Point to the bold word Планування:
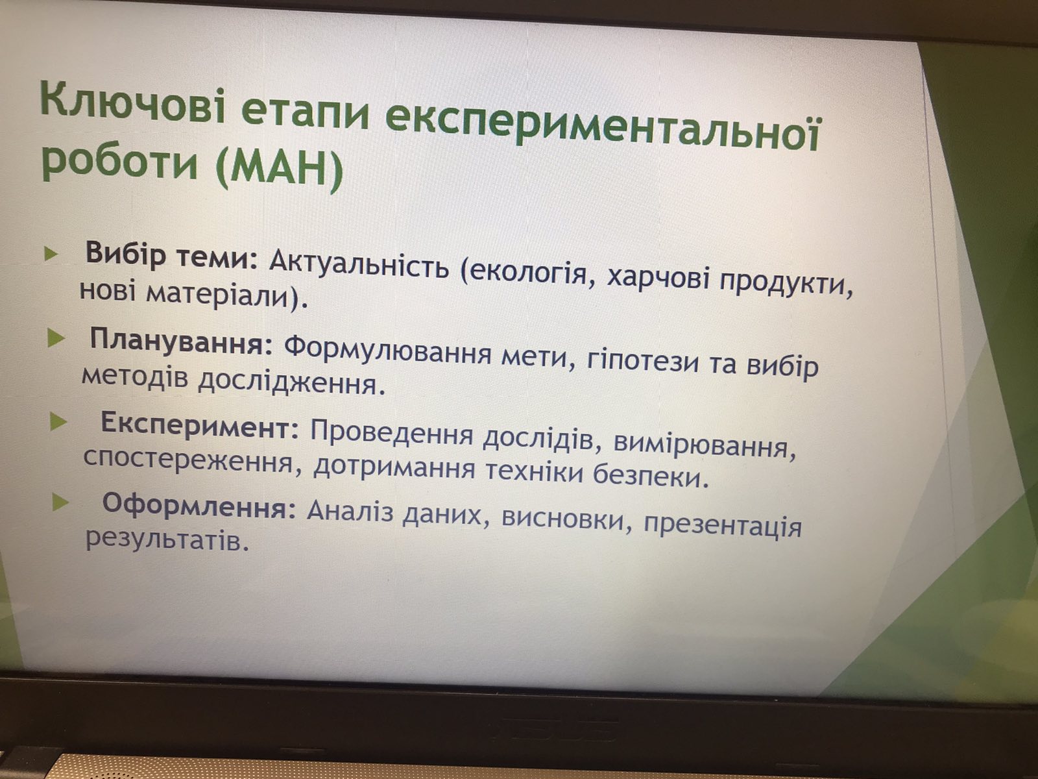click(182, 341)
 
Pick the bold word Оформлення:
click(199, 506)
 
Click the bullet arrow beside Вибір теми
click(51, 254)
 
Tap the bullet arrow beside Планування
click(55, 339)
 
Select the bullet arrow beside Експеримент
click(58, 422)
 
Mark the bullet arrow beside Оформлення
click(60, 502)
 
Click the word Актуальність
click(359, 265)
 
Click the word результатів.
click(167, 540)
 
